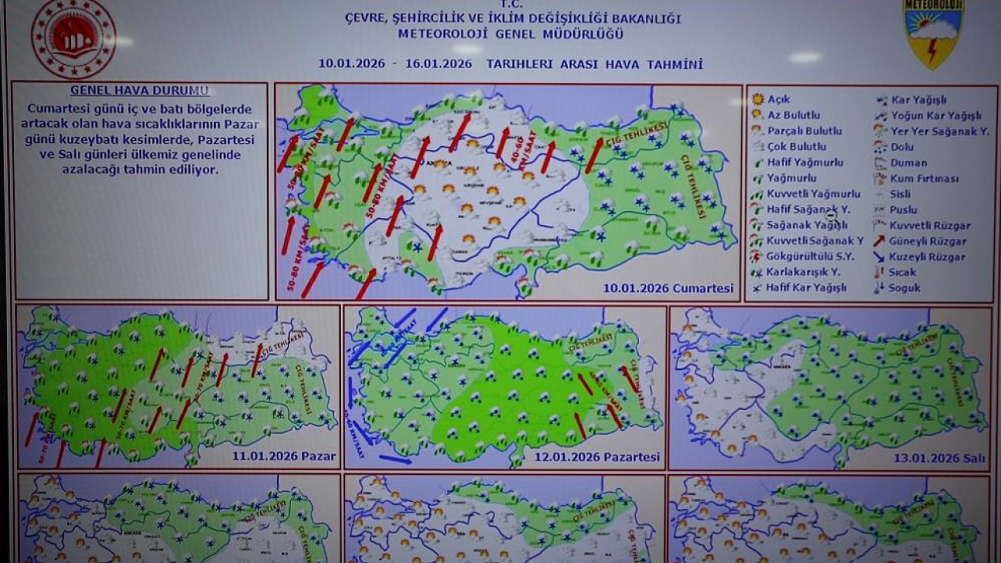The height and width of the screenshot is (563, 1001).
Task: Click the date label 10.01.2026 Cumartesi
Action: [x=668, y=288]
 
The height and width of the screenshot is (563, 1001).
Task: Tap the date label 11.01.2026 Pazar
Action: [x=284, y=456]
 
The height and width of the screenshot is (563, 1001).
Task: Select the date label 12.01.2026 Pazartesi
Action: [x=597, y=457]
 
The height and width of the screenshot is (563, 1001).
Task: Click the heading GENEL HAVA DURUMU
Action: [x=139, y=90]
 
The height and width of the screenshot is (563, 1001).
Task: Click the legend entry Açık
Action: [x=777, y=100]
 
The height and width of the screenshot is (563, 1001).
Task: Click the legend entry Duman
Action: [x=908, y=162]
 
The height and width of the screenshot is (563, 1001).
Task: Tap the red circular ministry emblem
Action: [x=73, y=38]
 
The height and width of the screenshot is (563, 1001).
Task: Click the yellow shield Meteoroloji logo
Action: [x=934, y=33]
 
